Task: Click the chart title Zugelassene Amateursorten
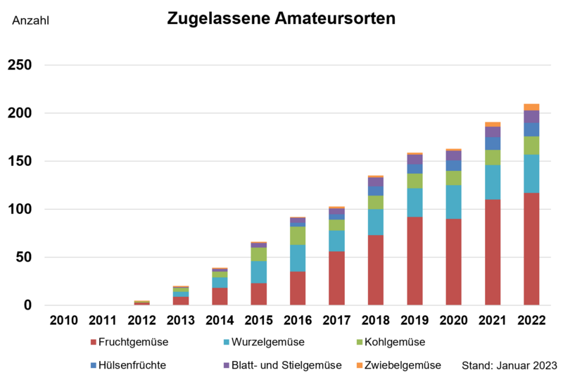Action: click(281, 18)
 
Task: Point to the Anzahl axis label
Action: click(31, 20)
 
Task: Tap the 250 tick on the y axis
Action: click(20, 65)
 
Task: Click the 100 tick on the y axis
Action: click(20, 210)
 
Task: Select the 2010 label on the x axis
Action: click(63, 321)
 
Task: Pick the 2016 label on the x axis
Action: click(297, 321)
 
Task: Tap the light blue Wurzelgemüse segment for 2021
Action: click(492, 182)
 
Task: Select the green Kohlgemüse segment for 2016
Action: click(297, 236)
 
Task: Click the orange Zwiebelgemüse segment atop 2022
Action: click(531, 107)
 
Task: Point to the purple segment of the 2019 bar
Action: click(415, 160)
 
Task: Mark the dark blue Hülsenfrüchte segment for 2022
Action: click(531, 129)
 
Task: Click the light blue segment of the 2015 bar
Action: click(258, 272)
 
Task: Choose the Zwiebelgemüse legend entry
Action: click(398, 365)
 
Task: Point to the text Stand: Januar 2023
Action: click(509, 366)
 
